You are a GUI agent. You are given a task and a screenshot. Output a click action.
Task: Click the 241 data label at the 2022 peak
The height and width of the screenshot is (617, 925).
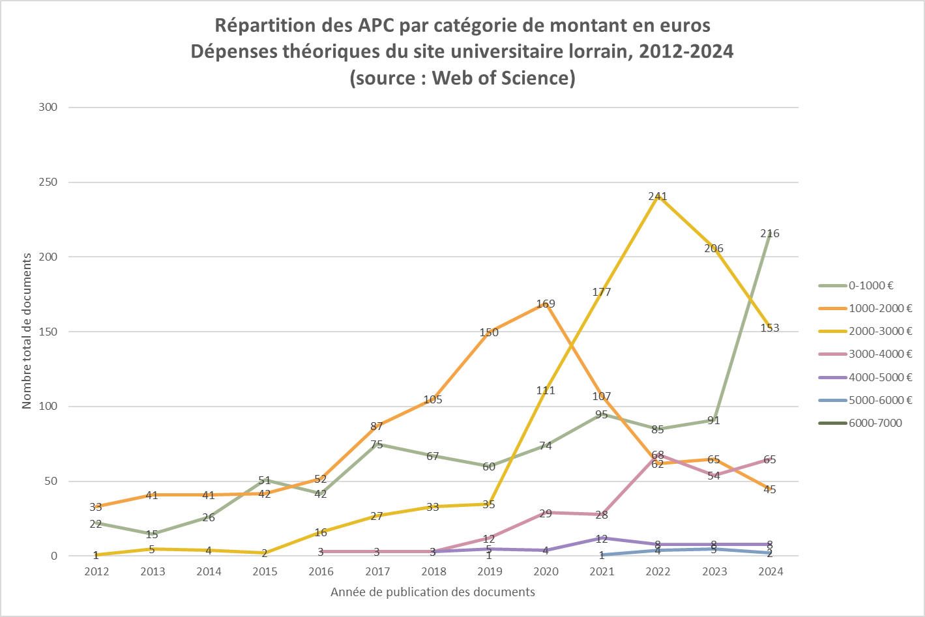click(x=658, y=196)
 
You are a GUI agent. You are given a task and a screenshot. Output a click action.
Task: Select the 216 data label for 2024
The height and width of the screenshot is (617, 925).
click(x=770, y=233)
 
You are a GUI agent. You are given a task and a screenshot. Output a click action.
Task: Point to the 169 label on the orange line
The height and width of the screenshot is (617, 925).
click(x=546, y=304)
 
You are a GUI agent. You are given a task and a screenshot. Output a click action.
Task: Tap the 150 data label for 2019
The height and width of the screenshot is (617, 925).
click(x=489, y=332)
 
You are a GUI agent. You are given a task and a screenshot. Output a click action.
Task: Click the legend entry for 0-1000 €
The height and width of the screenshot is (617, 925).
click(x=871, y=285)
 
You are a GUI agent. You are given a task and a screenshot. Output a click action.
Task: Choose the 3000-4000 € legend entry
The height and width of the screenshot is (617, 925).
click(x=880, y=354)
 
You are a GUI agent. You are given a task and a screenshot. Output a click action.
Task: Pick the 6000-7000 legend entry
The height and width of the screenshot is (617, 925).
click(x=875, y=423)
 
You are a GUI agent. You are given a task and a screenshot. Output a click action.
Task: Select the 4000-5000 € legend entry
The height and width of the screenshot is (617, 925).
click(x=880, y=377)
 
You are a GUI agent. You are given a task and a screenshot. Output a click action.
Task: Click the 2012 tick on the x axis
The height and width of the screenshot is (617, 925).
click(x=96, y=571)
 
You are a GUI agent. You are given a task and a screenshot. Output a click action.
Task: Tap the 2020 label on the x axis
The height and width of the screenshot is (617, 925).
click(x=546, y=571)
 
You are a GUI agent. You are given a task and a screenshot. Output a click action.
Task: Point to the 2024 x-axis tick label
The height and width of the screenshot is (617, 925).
click(x=771, y=571)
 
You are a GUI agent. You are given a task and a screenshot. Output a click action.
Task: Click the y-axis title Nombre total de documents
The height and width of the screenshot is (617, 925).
click(x=27, y=331)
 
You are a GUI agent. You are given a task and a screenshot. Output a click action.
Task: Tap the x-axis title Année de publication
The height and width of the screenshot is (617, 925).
click(x=433, y=592)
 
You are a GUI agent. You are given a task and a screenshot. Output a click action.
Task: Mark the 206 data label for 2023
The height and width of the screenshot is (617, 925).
click(x=714, y=248)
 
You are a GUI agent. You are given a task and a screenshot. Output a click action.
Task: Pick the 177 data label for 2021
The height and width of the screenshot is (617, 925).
click(x=602, y=292)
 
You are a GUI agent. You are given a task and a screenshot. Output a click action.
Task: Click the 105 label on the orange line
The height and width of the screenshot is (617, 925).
click(x=433, y=399)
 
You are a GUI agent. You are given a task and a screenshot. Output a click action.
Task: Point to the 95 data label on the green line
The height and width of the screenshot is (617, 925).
click(x=602, y=414)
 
